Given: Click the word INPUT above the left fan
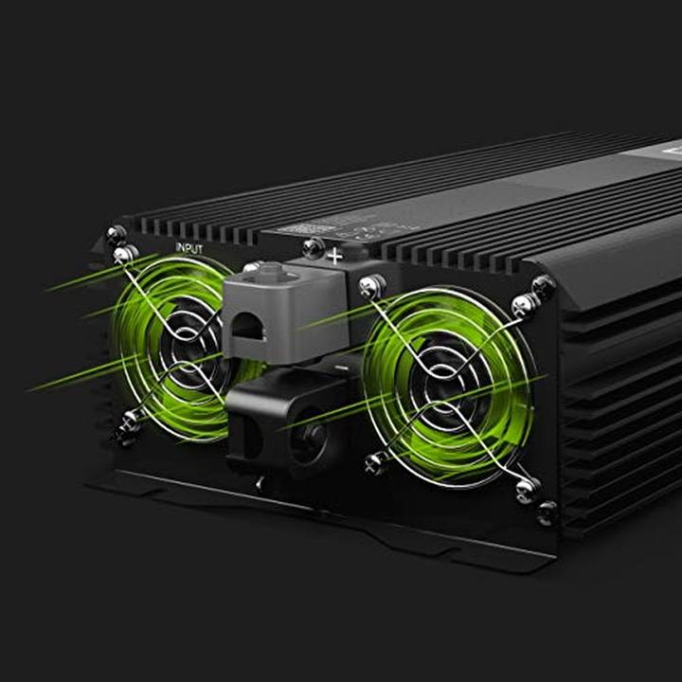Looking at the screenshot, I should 189,248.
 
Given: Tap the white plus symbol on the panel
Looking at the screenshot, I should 334,255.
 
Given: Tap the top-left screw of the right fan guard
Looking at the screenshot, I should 371,284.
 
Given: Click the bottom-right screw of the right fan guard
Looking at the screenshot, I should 527,489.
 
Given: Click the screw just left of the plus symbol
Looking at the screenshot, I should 313,248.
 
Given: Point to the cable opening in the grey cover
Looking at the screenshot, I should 249,327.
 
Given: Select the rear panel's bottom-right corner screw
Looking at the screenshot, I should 547,514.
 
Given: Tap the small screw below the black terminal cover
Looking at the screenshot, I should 261,483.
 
